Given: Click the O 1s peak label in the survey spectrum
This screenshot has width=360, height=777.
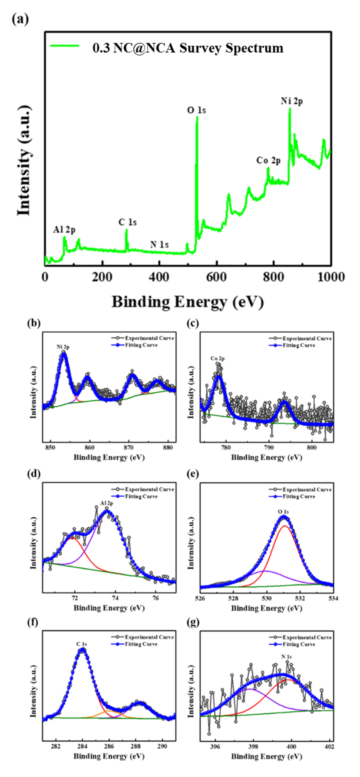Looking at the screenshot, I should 196,110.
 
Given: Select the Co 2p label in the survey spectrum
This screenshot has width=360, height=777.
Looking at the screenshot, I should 268,160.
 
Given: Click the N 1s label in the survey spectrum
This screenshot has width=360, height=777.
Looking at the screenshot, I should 160,244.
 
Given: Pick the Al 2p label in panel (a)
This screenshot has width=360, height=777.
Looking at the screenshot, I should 64,230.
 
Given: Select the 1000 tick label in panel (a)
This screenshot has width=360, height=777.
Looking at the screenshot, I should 331,277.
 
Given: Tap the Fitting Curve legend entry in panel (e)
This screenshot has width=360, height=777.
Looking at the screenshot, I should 299,496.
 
